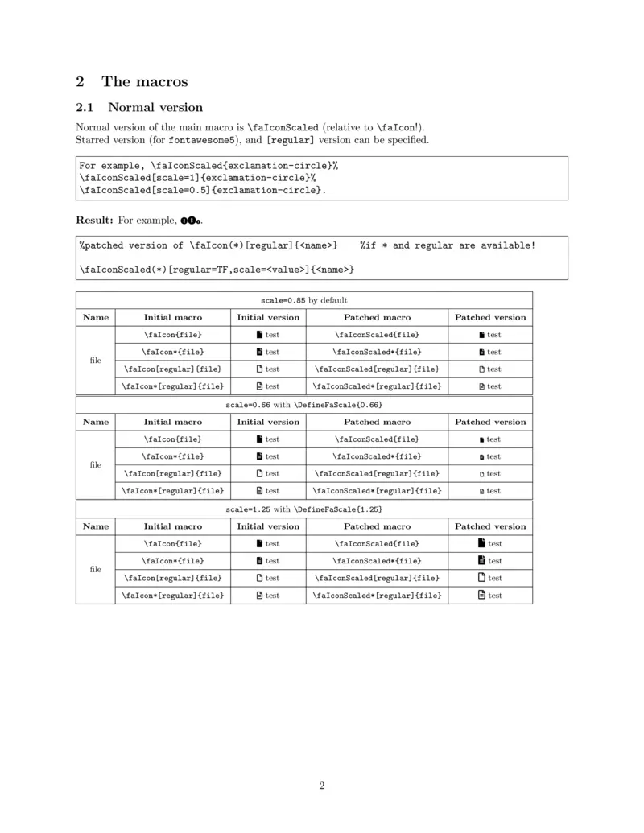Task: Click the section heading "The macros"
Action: point(145,81)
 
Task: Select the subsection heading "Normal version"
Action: point(155,107)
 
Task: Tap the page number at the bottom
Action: point(322,786)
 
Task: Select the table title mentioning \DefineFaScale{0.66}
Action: point(304,405)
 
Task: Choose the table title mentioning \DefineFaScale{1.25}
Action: point(304,509)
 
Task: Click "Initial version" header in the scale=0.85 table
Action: point(268,317)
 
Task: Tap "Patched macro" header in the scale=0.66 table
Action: point(377,422)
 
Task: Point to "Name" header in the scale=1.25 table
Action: point(95,526)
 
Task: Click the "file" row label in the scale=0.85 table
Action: point(95,360)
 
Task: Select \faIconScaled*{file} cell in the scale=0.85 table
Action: point(377,352)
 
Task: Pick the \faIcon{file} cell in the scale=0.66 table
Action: point(172,439)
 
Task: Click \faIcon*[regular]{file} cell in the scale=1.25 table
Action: point(172,596)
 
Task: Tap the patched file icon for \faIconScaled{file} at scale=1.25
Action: point(482,543)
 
